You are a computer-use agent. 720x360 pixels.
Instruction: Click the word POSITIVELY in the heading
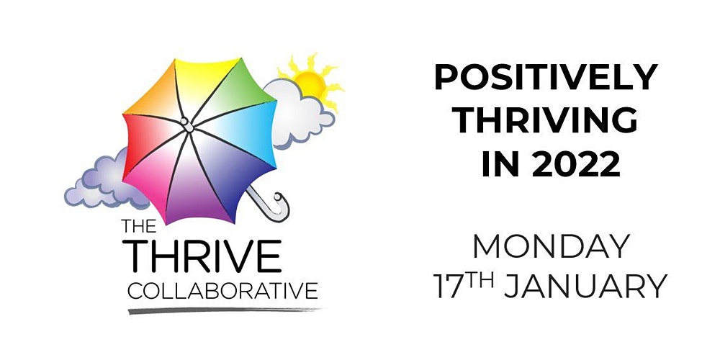(546, 77)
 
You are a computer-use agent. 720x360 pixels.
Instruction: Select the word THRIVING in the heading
(547, 120)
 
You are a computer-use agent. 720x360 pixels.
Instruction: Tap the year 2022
(576, 164)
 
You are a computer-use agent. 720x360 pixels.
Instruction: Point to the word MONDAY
(551, 246)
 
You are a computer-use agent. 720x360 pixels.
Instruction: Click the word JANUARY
(585, 286)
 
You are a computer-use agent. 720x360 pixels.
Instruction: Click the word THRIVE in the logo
(204, 256)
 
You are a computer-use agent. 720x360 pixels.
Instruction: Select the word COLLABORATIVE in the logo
(222, 291)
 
